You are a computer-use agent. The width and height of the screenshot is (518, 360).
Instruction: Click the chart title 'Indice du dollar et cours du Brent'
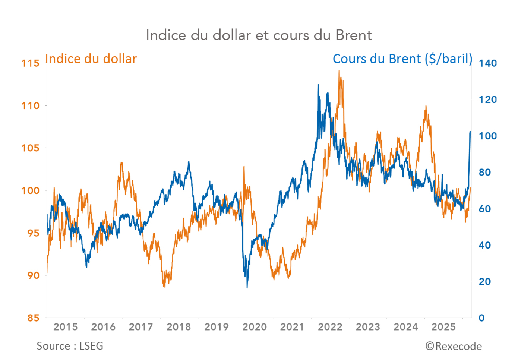(259, 35)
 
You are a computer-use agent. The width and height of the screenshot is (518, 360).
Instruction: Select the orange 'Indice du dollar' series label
(91, 59)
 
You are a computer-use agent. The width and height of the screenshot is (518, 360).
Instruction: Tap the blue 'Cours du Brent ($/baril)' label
(402, 59)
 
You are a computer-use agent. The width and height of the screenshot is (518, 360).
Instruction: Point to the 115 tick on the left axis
(30, 63)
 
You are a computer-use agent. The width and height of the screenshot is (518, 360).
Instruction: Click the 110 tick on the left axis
(30, 105)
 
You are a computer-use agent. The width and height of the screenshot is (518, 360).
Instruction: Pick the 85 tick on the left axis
(33, 318)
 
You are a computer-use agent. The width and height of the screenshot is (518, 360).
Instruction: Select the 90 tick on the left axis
(33, 275)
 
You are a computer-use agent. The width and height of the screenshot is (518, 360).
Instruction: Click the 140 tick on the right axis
(487, 63)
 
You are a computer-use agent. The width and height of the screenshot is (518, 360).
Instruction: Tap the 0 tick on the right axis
(481, 318)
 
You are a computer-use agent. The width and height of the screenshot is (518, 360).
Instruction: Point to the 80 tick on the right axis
(484, 172)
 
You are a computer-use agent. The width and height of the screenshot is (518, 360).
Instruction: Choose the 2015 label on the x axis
(66, 327)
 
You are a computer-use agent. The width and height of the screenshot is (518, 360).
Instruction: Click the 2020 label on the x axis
(255, 327)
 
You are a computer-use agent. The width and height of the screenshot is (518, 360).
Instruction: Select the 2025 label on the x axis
(443, 327)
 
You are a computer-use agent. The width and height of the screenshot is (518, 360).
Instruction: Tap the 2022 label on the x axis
(330, 327)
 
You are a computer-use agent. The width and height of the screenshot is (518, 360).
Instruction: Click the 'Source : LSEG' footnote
(70, 346)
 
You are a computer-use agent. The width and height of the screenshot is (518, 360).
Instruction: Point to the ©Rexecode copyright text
(454, 346)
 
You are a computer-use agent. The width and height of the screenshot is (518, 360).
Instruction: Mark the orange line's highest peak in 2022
(339, 71)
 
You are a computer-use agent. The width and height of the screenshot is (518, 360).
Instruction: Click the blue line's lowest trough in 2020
(247, 287)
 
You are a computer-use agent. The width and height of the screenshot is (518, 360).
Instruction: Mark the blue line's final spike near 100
(470, 132)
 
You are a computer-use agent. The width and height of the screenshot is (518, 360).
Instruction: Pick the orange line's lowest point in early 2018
(164, 286)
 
